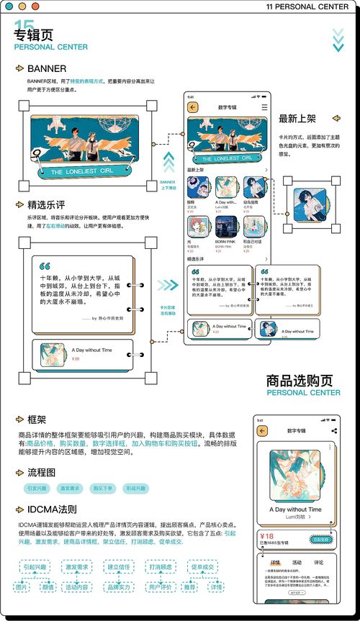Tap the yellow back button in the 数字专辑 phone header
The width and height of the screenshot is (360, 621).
click(x=192, y=106)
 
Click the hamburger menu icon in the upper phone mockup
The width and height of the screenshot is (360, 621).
click(x=264, y=106)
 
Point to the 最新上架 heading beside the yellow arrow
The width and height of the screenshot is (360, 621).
click(x=297, y=119)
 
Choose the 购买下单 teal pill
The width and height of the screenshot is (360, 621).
click(x=102, y=489)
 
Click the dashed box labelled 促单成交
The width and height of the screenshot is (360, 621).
click(x=202, y=567)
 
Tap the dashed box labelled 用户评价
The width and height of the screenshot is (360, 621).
click(x=160, y=587)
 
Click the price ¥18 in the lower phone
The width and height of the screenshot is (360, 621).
click(x=267, y=536)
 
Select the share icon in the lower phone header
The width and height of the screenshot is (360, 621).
click(x=334, y=430)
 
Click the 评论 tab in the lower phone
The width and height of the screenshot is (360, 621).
click(x=319, y=562)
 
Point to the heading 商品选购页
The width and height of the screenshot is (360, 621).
click(x=299, y=380)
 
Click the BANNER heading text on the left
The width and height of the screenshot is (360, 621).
click(x=47, y=69)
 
